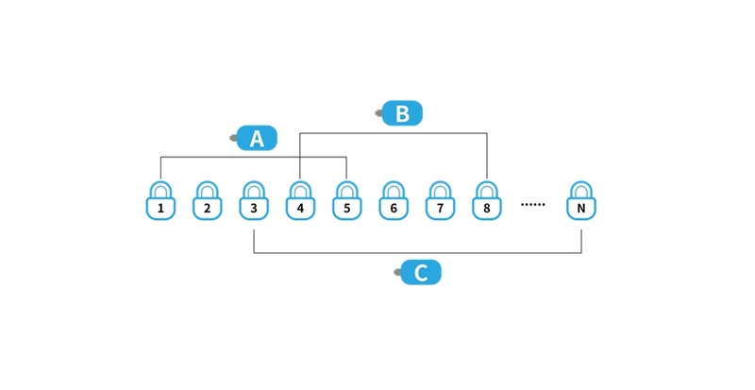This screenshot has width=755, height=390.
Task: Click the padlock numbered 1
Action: tap(160, 200)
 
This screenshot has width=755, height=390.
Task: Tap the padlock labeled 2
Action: tap(207, 200)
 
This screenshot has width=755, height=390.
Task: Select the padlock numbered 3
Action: tap(254, 200)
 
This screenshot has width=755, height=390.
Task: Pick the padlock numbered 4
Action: tap(300, 200)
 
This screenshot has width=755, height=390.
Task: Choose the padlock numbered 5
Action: tap(346, 200)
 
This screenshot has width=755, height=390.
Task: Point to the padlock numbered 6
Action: tap(394, 200)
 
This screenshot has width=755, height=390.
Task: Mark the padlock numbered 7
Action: tap(440, 200)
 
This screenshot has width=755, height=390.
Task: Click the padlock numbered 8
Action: tap(486, 200)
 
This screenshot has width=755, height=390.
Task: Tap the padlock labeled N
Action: tap(581, 200)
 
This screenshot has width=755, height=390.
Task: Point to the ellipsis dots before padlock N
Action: tap(533, 204)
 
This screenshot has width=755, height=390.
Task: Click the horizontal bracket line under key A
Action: tap(254, 157)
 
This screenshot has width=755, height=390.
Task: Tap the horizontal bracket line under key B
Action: tap(394, 133)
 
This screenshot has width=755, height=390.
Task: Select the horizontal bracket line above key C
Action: tap(417, 253)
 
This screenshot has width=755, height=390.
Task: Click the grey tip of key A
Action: tap(233, 139)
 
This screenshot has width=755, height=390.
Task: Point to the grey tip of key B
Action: tap(379, 113)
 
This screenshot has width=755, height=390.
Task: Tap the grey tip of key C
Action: tap(397, 272)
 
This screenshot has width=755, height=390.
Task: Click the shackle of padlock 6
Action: tap(394, 185)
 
